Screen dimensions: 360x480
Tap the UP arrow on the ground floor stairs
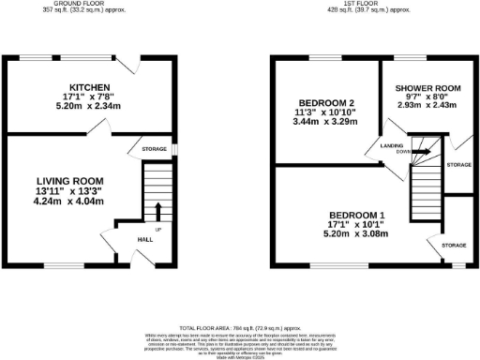coord(157,211)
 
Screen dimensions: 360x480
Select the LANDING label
coord(392,145)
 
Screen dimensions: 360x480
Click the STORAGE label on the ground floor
coord(155,148)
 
